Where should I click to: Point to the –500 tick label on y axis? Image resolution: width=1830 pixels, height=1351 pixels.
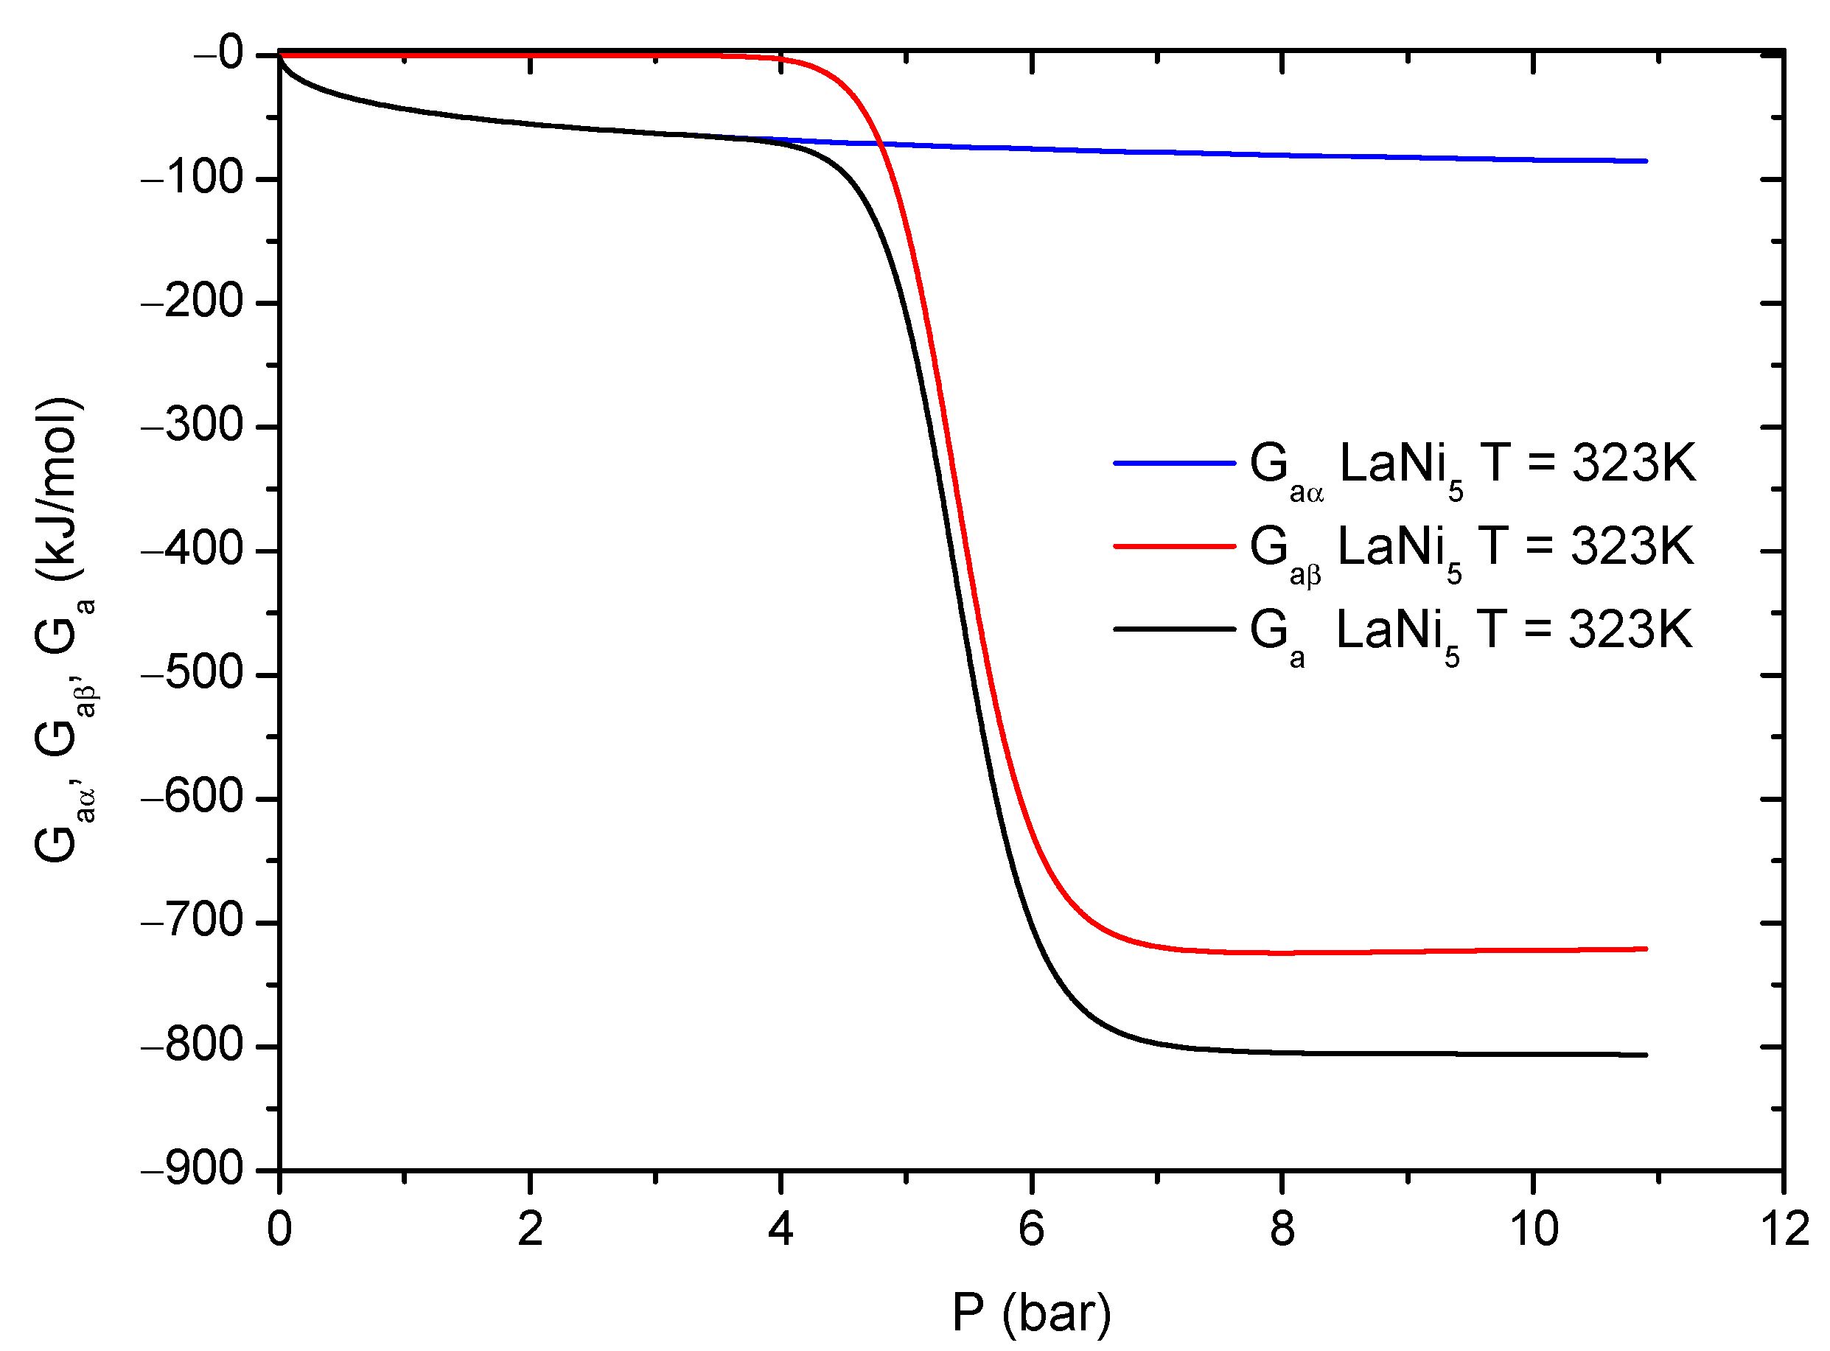(193, 673)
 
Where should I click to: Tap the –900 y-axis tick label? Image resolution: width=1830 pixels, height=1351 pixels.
(193, 1170)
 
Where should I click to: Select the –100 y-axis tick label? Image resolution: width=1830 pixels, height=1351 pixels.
(193, 178)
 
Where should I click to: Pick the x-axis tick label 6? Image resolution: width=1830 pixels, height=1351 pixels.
(1032, 1229)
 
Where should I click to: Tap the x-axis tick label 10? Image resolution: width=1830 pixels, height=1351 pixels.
(1533, 1229)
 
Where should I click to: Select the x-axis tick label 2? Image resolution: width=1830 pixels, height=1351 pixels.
(530, 1229)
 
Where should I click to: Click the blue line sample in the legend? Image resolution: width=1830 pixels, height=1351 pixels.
(1174, 464)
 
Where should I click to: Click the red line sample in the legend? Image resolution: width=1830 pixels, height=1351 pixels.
(1174, 546)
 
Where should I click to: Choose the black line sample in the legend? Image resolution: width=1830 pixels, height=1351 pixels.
(1174, 629)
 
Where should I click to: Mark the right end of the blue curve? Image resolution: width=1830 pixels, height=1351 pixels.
(1645, 161)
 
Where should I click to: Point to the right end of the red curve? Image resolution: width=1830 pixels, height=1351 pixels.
(1645, 949)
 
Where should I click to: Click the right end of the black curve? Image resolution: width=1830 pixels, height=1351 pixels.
(1645, 1055)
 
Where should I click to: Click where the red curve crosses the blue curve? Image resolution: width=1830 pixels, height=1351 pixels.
(881, 144)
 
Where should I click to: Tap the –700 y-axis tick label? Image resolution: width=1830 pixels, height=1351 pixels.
(193, 921)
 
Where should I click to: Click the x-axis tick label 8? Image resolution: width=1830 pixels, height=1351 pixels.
(1282, 1229)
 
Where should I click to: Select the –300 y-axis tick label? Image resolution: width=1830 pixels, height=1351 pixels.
(193, 425)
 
